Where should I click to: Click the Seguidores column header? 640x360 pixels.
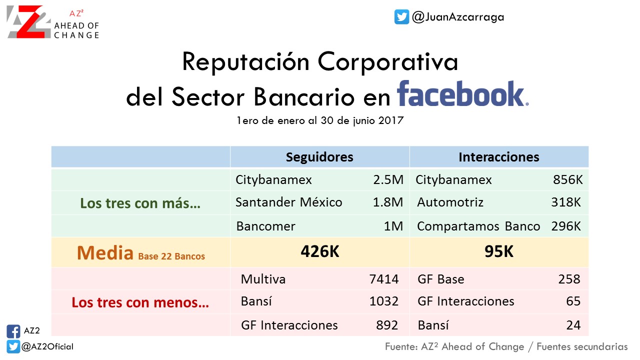click(x=319, y=157)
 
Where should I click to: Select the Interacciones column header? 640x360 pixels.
click(x=499, y=157)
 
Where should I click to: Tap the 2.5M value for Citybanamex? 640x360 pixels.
click(x=388, y=179)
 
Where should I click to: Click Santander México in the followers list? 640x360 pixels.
click(x=289, y=202)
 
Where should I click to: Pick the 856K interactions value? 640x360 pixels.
click(x=567, y=179)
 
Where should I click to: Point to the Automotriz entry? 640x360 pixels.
click(x=450, y=202)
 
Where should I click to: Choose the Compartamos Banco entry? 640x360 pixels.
click(x=478, y=226)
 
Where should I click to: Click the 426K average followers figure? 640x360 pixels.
click(x=319, y=251)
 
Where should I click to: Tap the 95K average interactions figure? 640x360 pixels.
click(x=499, y=251)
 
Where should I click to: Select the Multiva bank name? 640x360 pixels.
click(x=263, y=279)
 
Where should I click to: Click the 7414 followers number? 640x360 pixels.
click(x=383, y=279)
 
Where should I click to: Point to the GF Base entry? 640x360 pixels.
click(x=441, y=279)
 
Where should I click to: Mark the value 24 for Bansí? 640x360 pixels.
click(x=573, y=325)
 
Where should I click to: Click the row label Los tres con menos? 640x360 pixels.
click(x=140, y=302)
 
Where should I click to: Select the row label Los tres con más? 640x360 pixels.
click(x=140, y=203)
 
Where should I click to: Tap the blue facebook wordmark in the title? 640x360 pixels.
click(x=462, y=93)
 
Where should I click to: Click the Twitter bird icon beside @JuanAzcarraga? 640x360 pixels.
click(x=401, y=17)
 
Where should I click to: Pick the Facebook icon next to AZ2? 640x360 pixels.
click(x=13, y=331)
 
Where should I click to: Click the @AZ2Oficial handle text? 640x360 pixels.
click(x=47, y=346)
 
